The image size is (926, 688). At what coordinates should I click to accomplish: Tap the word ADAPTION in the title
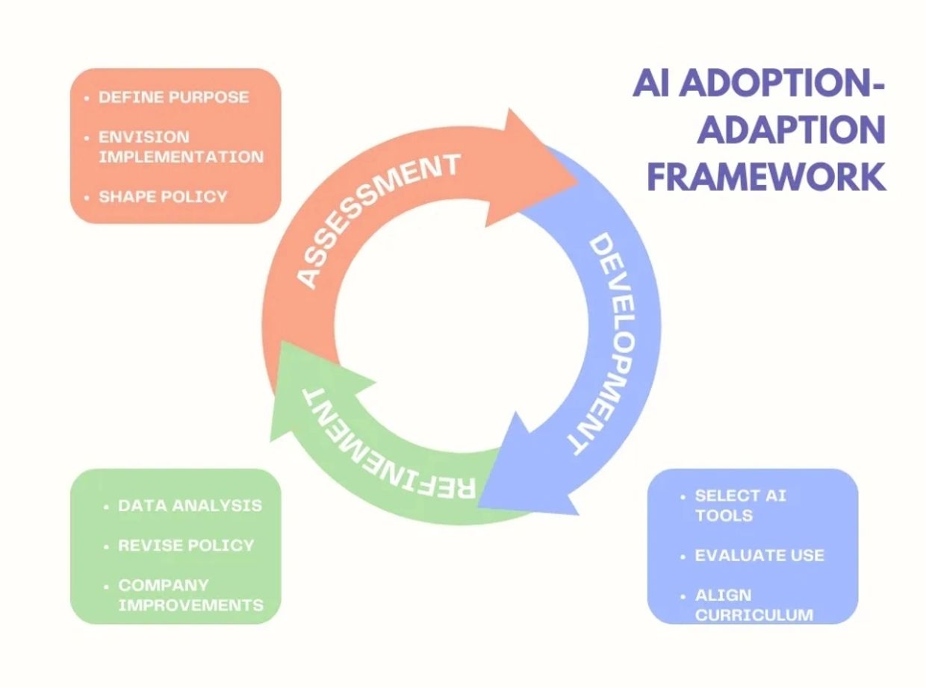coord(791,130)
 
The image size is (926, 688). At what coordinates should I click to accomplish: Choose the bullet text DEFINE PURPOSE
coord(174,97)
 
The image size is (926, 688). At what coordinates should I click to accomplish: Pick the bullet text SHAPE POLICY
coord(163,196)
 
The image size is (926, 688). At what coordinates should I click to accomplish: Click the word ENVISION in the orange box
coord(144,137)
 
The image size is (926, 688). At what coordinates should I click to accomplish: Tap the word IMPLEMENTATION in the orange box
coord(181,157)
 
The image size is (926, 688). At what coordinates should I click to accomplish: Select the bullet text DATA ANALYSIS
coord(190,506)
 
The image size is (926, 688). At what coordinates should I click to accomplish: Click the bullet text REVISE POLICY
coord(186,545)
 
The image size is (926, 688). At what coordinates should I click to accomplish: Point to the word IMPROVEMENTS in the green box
coord(190,605)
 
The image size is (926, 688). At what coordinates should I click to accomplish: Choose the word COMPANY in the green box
coord(164,585)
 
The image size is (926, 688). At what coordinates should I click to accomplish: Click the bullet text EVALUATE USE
coord(759,555)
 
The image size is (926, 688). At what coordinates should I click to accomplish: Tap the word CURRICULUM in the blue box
coord(754,615)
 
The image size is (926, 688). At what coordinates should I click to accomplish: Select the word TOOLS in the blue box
coord(724,516)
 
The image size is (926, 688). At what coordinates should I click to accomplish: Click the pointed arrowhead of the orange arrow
coord(578,181)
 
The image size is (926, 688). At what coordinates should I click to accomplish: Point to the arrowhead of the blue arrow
coord(478,507)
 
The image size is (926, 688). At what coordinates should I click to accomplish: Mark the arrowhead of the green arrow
coord(281,341)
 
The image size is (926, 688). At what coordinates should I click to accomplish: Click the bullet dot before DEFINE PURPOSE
coord(87,98)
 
